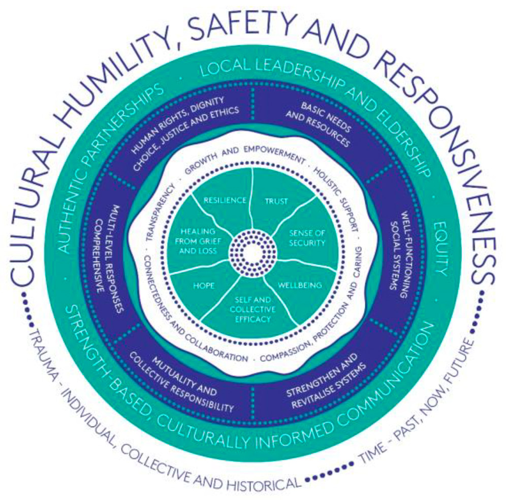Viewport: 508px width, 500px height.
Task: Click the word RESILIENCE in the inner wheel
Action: [x=225, y=200]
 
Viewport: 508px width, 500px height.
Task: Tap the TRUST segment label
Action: [x=276, y=201]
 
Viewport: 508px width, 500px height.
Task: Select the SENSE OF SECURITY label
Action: [x=307, y=238]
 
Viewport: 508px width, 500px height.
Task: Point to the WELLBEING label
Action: [x=300, y=285]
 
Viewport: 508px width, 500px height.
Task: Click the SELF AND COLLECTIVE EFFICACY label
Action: [x=252, y=309]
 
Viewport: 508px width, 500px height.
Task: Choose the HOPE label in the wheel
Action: [x=204, y=286]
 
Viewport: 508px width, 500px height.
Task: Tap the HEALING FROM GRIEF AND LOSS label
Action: [x=198, y=241]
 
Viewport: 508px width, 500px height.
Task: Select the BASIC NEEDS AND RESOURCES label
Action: [x=318, y=124]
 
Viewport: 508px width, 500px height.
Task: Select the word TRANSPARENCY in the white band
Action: [x=160, y=212]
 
